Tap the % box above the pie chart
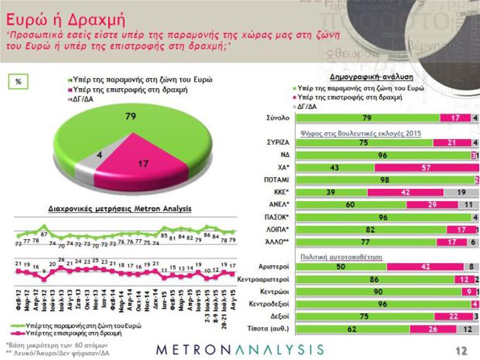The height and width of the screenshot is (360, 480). [18, 82]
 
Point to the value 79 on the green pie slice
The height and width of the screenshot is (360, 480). [131, 117]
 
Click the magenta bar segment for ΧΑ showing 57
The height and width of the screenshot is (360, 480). [427, 168]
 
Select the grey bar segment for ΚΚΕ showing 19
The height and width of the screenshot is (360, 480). [461, 192]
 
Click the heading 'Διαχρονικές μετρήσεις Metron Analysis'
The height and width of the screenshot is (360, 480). [119, 209]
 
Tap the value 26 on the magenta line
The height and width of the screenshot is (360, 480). [62, 260]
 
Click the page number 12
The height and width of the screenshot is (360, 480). [461, 350]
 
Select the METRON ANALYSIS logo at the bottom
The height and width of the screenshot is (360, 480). [240, 350]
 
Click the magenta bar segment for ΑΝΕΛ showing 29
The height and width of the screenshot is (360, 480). [432, 205]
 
